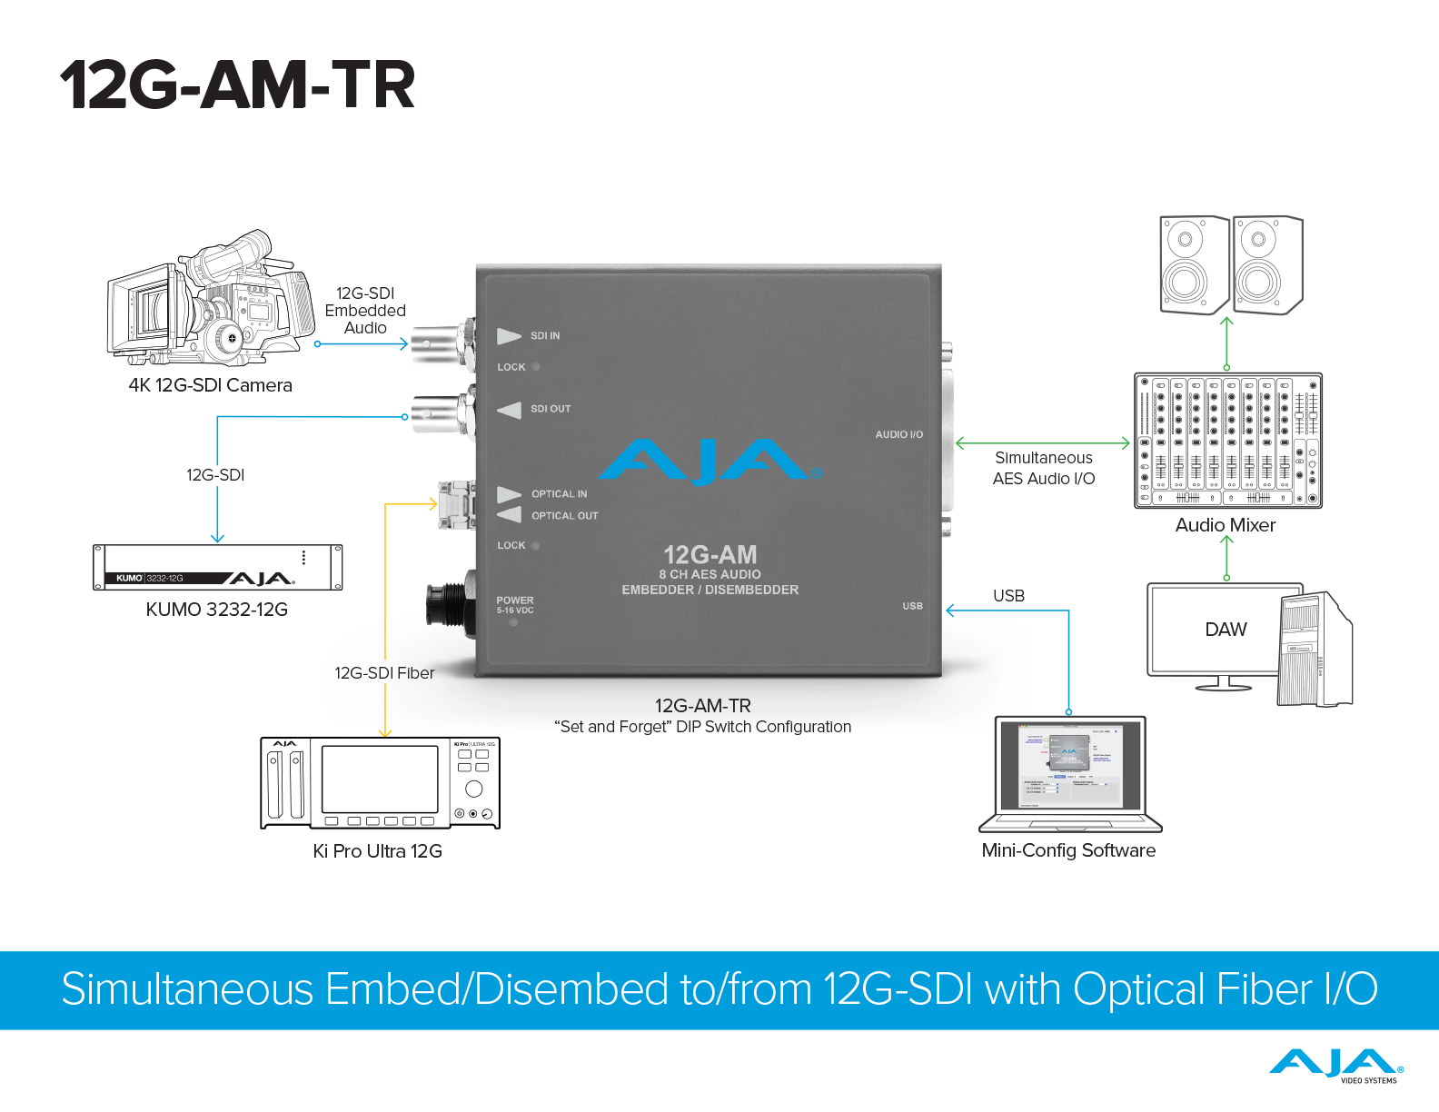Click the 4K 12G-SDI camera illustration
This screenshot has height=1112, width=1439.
point(211,299)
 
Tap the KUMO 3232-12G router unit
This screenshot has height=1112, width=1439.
point(218,568)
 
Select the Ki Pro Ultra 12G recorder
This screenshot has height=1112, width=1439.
point(380,782)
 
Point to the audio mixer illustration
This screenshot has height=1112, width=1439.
point(1227,441)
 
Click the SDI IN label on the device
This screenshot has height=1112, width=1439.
point(545,336)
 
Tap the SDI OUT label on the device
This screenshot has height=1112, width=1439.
point(551,409)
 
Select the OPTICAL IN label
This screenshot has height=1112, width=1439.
point(559,494)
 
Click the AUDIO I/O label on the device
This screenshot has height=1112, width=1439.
point(898,434)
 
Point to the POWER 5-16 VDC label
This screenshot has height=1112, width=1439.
point(515,605)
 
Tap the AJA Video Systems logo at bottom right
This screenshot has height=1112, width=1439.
point(1335,1066)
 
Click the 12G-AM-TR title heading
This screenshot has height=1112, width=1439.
point(237,85)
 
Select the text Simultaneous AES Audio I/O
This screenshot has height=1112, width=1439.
point(1044,468)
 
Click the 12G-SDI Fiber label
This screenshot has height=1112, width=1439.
point(384,673)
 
